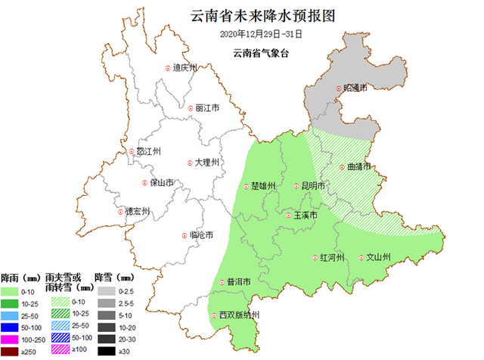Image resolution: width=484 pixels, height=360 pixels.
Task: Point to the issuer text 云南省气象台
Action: pos(261,52)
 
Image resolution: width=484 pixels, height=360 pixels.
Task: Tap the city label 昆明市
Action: pos(312,186)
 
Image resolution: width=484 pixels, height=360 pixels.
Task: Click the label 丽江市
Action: pos(206,108)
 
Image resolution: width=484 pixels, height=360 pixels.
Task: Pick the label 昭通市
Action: pos(355,89)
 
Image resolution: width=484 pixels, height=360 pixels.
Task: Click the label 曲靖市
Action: pos(359,167)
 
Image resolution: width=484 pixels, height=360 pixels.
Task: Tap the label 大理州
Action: pos(206,163)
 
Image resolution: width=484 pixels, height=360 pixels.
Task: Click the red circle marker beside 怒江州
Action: pos(131,151)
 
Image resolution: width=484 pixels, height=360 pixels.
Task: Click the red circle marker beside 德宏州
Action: pos(119,212)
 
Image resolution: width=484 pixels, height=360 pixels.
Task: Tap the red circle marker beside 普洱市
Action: pos(222,282)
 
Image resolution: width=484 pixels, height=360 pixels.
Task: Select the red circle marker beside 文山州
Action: pos(361,258)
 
